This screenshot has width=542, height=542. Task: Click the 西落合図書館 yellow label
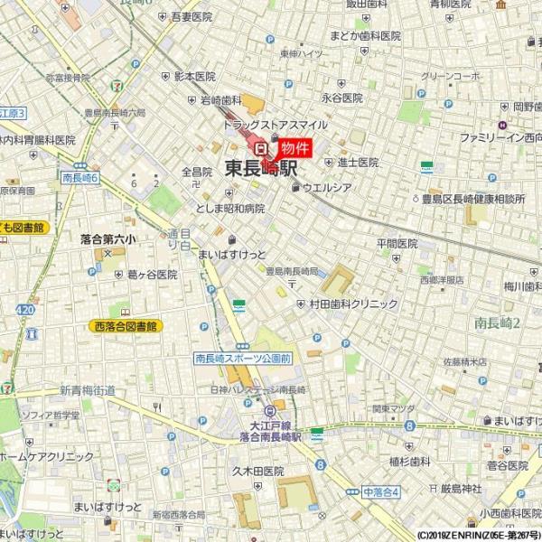point(125,325)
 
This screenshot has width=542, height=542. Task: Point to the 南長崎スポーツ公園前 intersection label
point(244,359)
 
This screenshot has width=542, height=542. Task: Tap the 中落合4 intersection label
point(380,491)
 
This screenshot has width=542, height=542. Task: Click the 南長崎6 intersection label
point(80,179)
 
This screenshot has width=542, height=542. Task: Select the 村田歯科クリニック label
point(353,304)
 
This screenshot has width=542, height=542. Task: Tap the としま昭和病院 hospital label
point(230,208)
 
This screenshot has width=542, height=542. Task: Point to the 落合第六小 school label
point(107,240)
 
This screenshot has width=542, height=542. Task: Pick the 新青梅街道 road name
point(89,390)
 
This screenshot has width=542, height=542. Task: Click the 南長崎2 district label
point(498,322)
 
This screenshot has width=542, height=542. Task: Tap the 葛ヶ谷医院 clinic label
point(153,274)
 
